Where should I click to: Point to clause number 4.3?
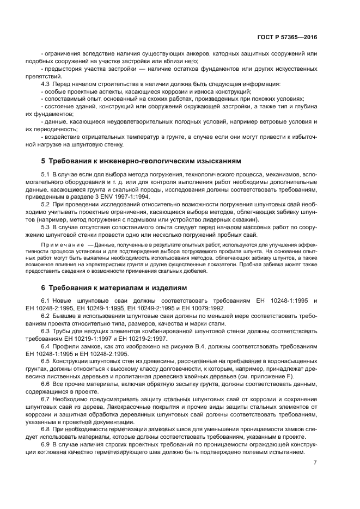46,84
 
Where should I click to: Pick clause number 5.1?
46,174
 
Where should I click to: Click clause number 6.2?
46,316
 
